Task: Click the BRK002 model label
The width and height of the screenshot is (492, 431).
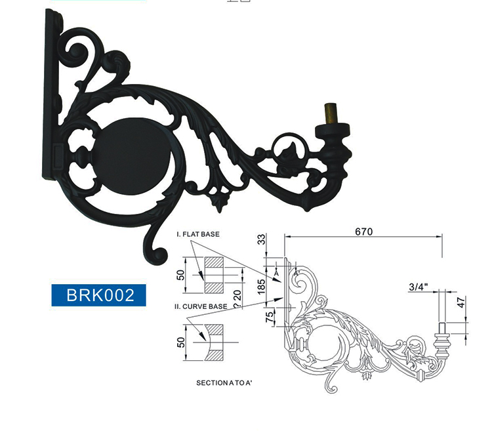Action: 97,295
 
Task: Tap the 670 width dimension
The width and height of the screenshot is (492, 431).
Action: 363,232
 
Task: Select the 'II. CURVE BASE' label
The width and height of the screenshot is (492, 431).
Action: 201,306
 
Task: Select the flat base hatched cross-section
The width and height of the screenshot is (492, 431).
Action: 215,275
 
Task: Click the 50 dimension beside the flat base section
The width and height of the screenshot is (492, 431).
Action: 180,274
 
